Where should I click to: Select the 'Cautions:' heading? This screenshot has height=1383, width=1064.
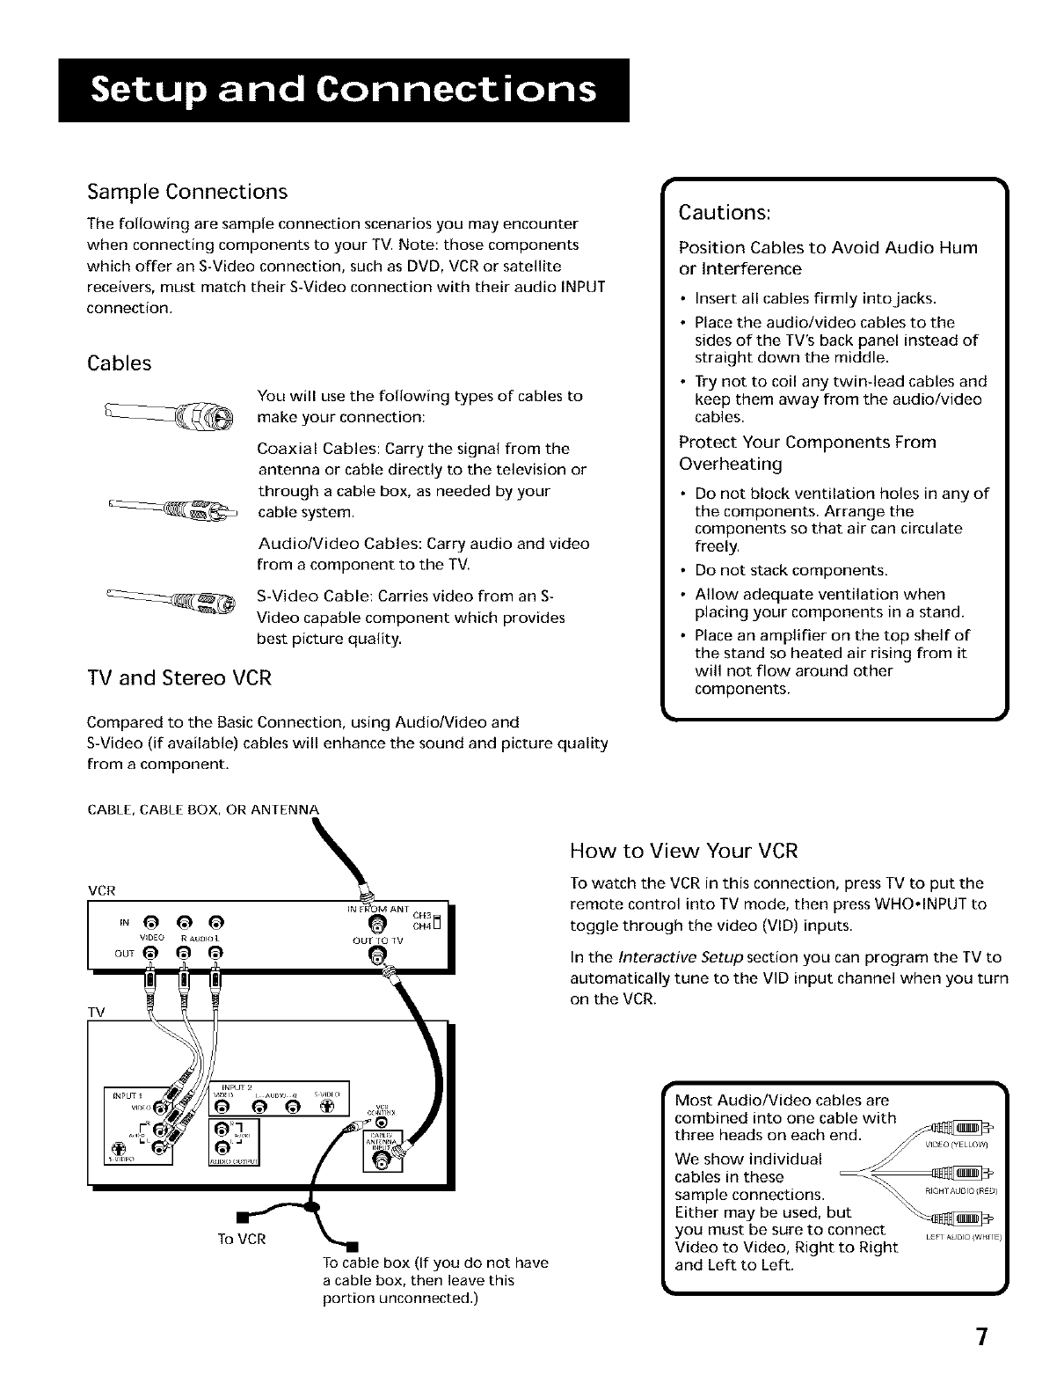point(725,213)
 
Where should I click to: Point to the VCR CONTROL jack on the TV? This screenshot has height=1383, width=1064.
point(381,1122)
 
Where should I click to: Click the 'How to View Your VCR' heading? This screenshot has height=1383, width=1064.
point(683,851)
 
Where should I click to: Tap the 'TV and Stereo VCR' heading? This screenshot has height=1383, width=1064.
point(179,677)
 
